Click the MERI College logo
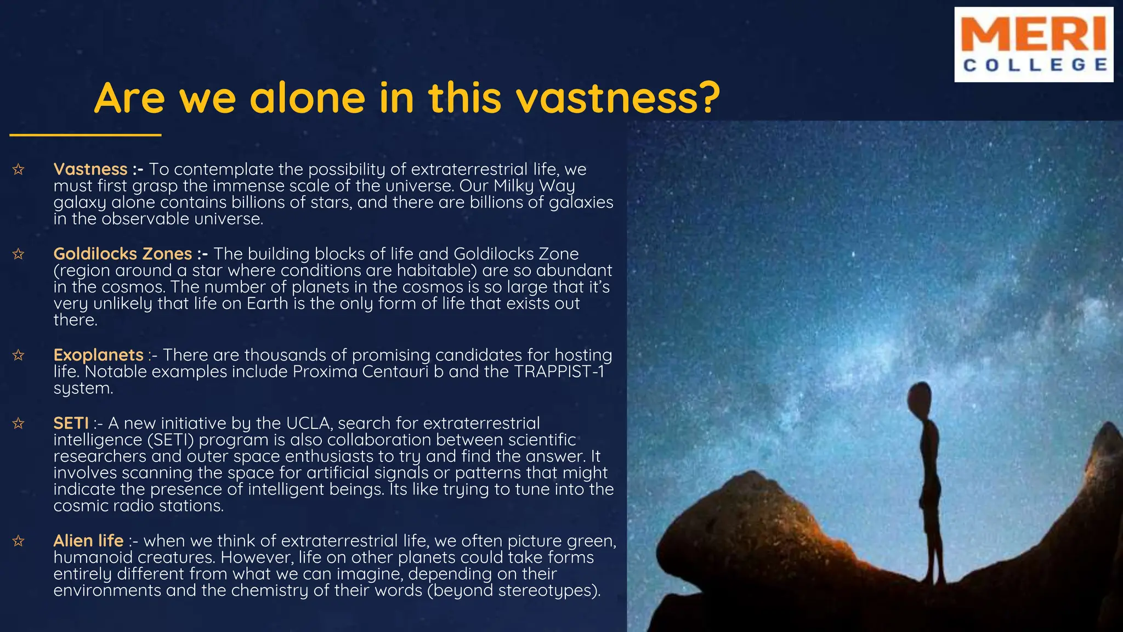(1033, 44)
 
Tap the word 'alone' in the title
(307, 98)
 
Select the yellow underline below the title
(85, 135)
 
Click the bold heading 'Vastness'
(90, 169)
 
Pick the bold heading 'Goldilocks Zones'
(122, 253)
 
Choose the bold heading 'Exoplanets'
(98, 355)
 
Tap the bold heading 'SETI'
(71, 423)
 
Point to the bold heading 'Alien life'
(88, 540)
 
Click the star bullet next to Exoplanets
(18, 356)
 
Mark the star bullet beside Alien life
(18, 541)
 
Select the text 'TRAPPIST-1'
(559, 371)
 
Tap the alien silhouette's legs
(934, 554)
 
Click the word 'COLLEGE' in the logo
(1035, 65)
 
